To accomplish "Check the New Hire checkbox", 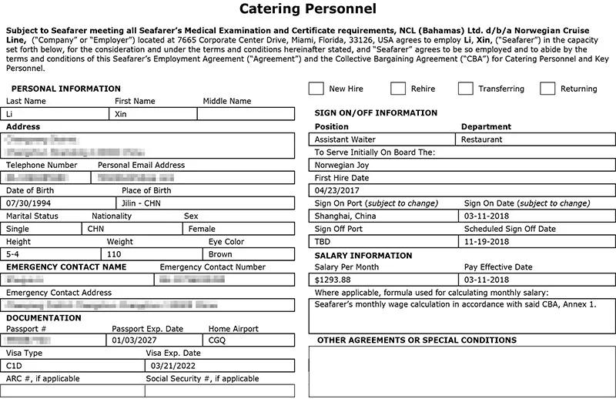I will point(316,89).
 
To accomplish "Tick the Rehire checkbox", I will point(398,89).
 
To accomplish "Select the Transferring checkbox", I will point(465,89).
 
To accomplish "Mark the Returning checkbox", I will point(547,89).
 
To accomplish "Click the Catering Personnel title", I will point(308,10).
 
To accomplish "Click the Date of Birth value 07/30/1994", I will point(28,203).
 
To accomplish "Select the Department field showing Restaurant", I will point(481,140).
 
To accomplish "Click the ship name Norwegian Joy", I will point(342,165).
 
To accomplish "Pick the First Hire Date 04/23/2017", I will point(337,190).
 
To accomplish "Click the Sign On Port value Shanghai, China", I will point(346,216).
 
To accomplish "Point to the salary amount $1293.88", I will point(333,280).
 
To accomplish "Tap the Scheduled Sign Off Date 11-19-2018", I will point(487,241).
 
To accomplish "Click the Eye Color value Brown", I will point(220,254).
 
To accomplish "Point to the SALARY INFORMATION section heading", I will point(363,256).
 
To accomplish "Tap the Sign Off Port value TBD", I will point(323,241).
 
